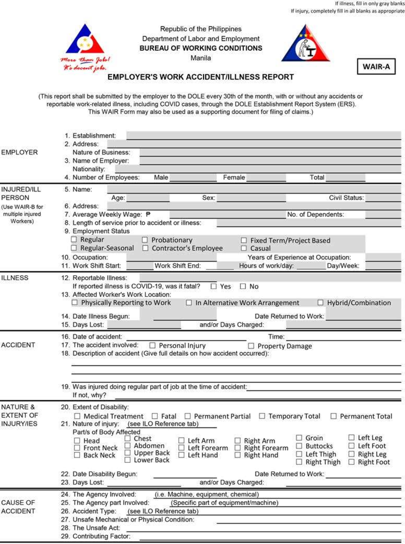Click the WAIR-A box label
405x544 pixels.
click(376, 66)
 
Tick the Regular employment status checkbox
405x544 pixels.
click(74, 239)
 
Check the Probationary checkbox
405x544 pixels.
click(145, 240)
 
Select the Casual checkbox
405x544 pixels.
click(244, 248)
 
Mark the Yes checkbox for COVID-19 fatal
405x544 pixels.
click(213, 286)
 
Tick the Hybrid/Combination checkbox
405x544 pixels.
click(320, 303)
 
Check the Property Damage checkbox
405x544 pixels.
click(251, 346)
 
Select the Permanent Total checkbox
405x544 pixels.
click(333, 416)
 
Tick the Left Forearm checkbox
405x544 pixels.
click(181, 448)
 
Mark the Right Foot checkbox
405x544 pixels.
click(351, 462)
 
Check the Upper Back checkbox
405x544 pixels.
click(128, 453)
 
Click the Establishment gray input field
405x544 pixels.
click(263, 136)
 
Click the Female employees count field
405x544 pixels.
click(266, 177)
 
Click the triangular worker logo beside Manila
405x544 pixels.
click(305, 44)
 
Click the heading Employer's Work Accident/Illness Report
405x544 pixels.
click(200, 77)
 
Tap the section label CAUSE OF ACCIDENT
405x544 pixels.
click(18, 507)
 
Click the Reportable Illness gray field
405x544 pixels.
click(270, 278)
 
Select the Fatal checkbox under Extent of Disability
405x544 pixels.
click(155, 416)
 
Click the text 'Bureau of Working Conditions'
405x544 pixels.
click(201, 48)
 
